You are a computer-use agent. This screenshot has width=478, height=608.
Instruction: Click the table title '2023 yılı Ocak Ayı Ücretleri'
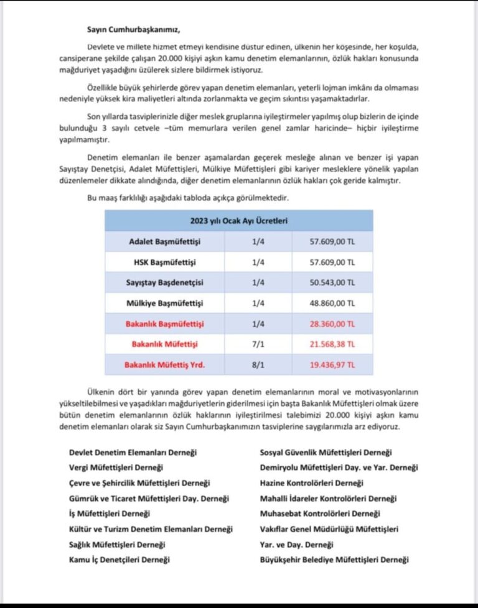238,221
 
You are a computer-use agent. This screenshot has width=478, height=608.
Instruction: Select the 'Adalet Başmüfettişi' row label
166,241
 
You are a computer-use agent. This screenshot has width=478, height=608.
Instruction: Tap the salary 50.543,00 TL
332,282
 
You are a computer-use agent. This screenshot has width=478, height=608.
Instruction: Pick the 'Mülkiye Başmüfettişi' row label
166,303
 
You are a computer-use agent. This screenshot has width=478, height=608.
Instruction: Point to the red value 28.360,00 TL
332,324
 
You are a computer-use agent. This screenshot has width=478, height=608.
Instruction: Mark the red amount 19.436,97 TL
332,365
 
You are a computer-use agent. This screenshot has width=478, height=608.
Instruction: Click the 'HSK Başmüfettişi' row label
166,262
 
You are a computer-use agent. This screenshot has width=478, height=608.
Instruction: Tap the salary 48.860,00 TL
332,303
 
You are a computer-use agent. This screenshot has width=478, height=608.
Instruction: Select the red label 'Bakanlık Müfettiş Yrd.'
166,365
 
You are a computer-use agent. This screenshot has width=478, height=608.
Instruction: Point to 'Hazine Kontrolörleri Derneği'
311,483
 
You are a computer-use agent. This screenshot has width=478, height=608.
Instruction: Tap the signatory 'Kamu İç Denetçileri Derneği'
119,560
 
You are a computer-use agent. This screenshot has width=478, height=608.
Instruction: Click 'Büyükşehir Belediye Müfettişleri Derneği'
334,560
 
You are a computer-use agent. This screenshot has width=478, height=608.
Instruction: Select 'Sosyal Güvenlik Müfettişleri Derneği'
326,453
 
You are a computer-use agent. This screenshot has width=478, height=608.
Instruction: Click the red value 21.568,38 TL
332,344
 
